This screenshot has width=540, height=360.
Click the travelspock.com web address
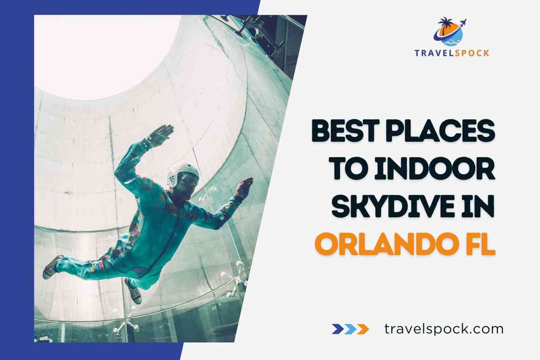(x=444, y=328)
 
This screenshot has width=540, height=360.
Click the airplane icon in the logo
(x=463, y=23)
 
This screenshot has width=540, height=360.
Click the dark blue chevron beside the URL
(x=337, y=329)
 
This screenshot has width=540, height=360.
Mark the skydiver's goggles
(x=192, y=181)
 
